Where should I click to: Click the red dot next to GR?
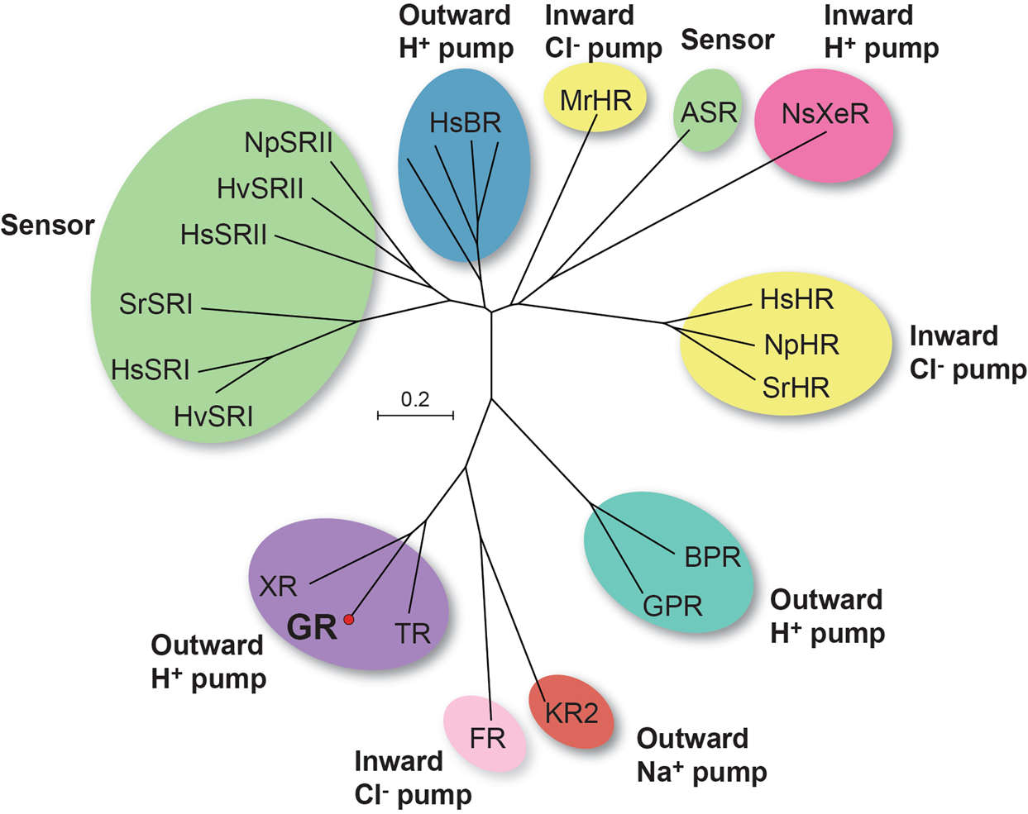[x=349, y=619]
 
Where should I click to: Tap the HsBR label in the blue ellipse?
[x=466, y=123]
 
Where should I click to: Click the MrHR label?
[x=595, y=101]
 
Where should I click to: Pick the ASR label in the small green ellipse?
[x=709, y=113]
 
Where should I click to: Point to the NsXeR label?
[x=825, y=114]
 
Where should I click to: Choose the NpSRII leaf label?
[x=289, y=143]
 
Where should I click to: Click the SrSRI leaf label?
[x=156, y=304]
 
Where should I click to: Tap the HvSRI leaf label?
[x=213, y=416]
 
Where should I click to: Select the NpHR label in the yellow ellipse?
[x=801, y=345]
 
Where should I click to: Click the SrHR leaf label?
[x=796, y=388]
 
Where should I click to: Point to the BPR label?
[x=712, y=557]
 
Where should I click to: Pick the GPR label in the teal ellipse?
[x=672, y=607]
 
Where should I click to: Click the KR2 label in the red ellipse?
[x=571, y=712]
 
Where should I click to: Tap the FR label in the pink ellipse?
[x=486, y=738]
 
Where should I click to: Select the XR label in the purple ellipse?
[x=278, y=587]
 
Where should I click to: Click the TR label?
[x=413, y=634]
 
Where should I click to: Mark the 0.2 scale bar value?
[x=415, y=400]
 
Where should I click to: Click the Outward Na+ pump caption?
[x=701, y=755]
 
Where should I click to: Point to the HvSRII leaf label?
[x=261, y=189]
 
